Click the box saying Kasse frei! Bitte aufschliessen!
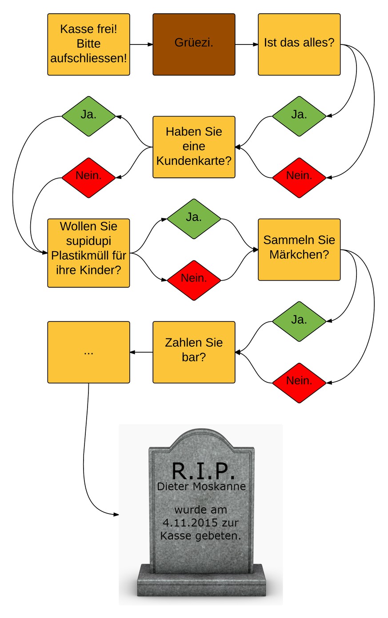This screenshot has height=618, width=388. [x=88, y=44]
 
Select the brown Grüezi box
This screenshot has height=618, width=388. [x=194, y=44]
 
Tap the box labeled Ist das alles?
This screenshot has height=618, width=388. [x=299, y=44]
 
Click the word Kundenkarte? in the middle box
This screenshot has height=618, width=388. [x=194, y=161]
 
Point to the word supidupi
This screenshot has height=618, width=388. [x=88, y=241]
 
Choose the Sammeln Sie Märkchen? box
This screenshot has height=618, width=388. [x=299, y=249]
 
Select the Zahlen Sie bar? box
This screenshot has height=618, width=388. [x=194, y=352]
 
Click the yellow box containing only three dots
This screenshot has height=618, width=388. [x=88, y=352]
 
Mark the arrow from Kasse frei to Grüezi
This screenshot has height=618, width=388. [x=141, y=44]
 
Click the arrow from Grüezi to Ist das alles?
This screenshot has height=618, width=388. [x=247, y=44]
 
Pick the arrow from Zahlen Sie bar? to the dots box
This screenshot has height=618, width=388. [x=141, y=352]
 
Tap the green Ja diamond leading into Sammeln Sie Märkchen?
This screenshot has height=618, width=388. [x=194, y=219]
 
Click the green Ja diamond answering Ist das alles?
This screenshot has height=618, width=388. [x=299, y=116]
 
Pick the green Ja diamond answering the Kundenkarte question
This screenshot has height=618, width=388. [x=88, y=116]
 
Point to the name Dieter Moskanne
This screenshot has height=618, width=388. [x=201, y=486]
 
